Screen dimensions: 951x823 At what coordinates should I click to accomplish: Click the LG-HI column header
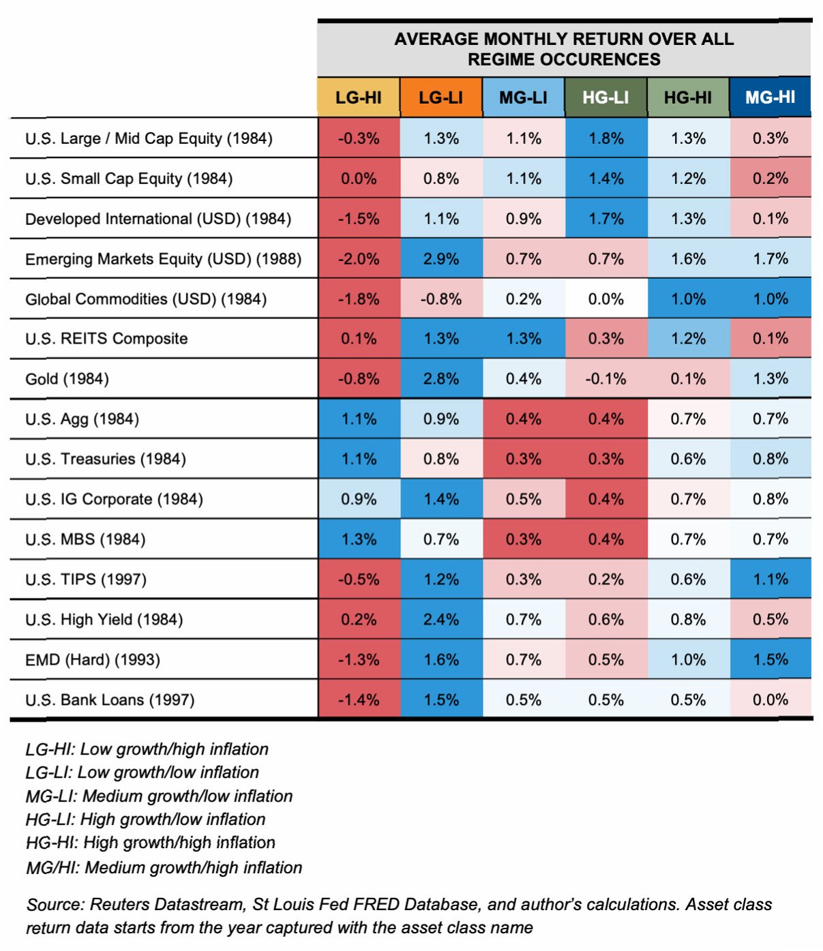(x=359, y=97)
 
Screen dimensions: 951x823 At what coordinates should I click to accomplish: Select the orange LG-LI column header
(x=441, y=97)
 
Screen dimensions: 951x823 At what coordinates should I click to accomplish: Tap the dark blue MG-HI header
(x=770, y=97)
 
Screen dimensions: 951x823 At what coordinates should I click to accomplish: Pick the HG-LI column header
(x=605, y=97)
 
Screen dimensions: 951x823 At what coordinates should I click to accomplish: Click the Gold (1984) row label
(x=67, y=379)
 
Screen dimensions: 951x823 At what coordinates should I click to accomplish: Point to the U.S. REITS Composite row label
(x=106, y=339)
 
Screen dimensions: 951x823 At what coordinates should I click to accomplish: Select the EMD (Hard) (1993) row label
(x=93, y=660)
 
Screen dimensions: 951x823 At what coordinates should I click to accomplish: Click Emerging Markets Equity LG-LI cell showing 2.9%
(x=441, y=259)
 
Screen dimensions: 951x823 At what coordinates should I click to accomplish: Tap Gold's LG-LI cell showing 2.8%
(x=441, y=379)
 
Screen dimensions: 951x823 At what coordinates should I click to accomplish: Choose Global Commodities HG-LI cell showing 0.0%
(x=605, y=299)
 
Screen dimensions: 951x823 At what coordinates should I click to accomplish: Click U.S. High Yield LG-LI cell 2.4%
(x=441, y=620)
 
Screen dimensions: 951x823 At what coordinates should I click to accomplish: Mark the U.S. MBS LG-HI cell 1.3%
(x=359, y=539)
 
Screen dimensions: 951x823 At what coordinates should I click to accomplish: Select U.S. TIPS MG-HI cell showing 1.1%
(x=770, y=579)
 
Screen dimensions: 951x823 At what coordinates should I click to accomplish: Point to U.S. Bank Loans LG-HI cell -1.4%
(x=359, y=700)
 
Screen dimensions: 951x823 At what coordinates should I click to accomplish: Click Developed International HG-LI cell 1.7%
(x=605, y=219)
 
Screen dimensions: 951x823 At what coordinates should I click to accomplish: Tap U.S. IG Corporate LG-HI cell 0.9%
(x=359, y=499)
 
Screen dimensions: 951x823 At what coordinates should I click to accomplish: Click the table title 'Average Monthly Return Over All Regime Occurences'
(x=564, y=49)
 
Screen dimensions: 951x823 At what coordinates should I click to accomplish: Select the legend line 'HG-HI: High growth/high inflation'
(x=151, y=843)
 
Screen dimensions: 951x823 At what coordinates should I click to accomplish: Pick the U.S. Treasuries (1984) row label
(x=106, y=459)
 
